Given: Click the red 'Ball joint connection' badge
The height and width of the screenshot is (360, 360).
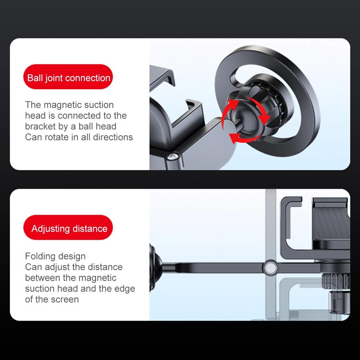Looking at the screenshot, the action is point(68,77).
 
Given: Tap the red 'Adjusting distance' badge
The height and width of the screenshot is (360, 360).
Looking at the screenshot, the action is point(68,227).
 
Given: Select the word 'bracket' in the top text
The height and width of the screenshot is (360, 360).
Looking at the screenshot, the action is point(40,126).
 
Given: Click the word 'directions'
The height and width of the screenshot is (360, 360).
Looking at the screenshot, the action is point(113,137).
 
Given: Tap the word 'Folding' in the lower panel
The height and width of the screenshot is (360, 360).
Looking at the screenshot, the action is point(40,256).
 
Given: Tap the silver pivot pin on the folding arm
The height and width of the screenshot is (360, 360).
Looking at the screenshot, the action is point(270,268).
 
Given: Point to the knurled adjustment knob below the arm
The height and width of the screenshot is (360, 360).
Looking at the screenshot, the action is point(336,282).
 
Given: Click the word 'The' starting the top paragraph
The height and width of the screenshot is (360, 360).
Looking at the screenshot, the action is point(33,105).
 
